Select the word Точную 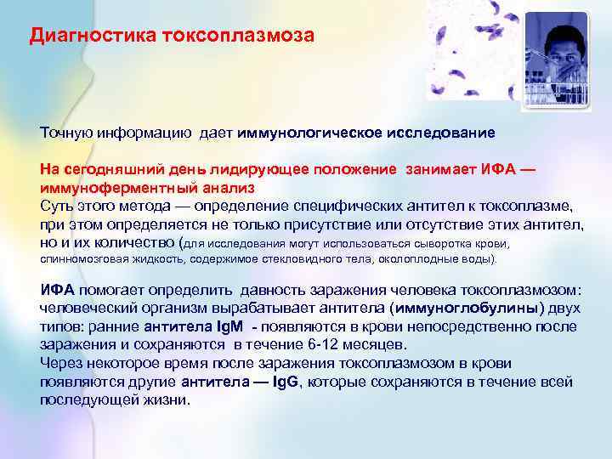pyautogui.click(x=66, y=133)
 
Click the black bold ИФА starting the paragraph pyautogui.click(x=57, y=290)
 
